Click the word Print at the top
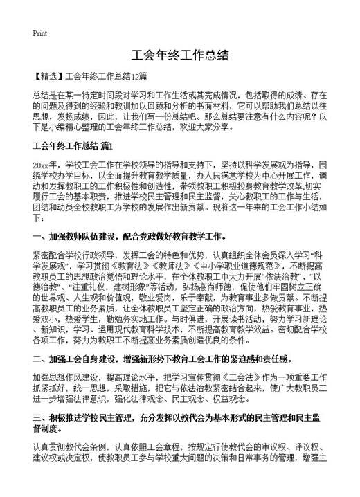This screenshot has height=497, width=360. pyautogui.click(x=39, y=33)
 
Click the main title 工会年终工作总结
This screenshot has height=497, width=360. pyautogui.click(x=179, y=57)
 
